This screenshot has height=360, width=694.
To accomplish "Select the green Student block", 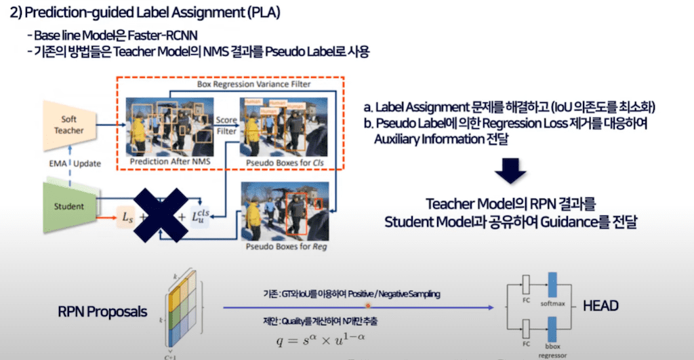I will click(x=69, y=206).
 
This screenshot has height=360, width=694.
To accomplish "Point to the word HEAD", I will click(x=600, y=306).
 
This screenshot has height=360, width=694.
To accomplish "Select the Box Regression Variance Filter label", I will click(x=253, y=85).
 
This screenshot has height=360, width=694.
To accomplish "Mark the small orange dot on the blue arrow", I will click(x=368, y=306).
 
